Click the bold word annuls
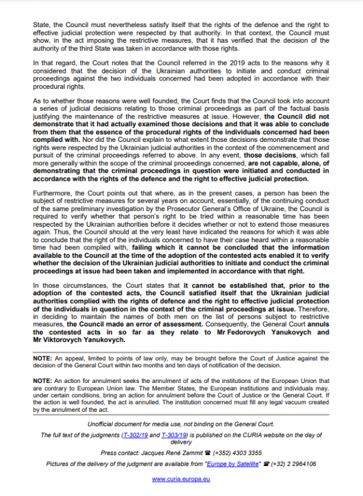(317, 323)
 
